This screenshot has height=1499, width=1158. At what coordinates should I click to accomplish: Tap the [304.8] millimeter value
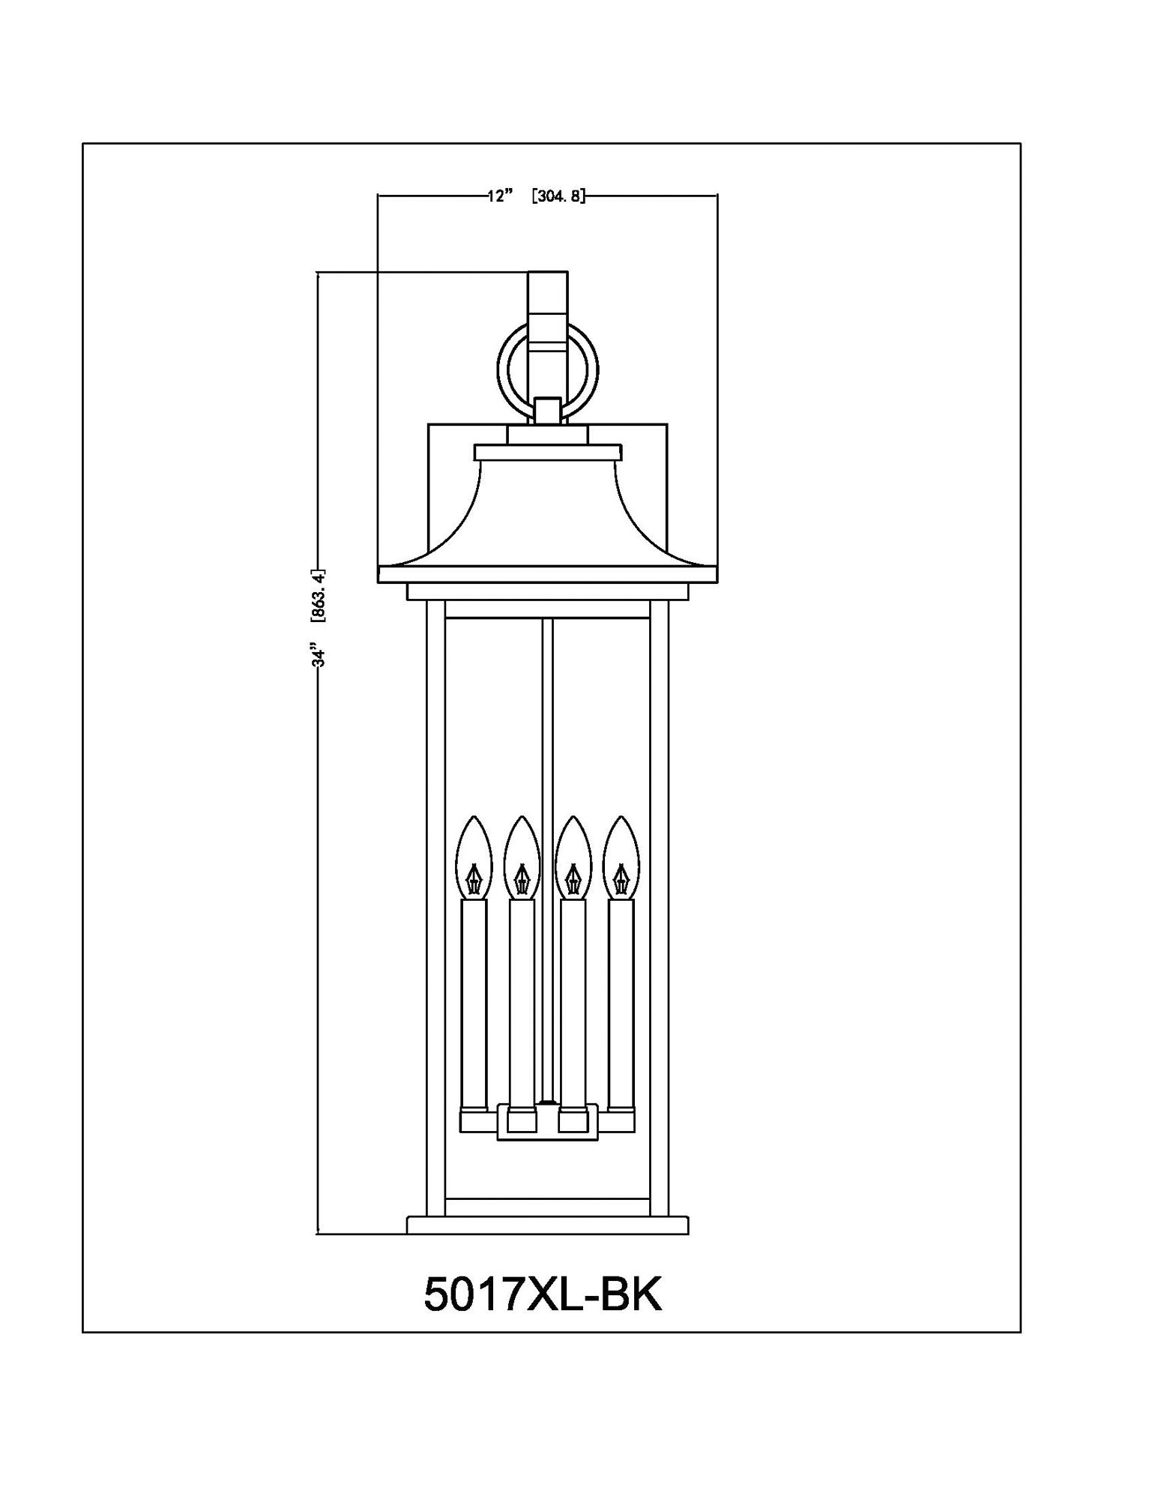[557, 196]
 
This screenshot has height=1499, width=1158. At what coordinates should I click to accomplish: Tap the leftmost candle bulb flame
[473, 859]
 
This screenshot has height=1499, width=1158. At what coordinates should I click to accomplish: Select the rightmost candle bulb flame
[621, 859]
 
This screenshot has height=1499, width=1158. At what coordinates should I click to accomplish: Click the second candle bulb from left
[522, 859]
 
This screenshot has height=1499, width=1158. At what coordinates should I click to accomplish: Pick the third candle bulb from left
[573, 859]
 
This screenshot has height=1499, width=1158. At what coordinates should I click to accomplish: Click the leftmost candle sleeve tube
[472, 1004]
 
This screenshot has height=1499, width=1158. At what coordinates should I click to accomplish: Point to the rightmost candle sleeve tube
[621, 1004]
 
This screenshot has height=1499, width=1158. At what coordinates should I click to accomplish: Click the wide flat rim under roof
[547, 575]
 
